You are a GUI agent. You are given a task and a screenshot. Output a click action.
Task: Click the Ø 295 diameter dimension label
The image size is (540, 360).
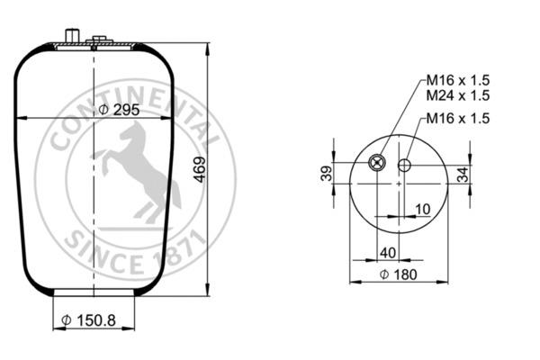pos(119,110)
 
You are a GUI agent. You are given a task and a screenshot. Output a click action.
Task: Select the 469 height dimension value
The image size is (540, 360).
pos(200,169)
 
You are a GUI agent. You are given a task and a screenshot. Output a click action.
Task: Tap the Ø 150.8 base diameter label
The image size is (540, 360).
pos(88,320)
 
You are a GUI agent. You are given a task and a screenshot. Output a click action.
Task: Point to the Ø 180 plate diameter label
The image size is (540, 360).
pos(398,274)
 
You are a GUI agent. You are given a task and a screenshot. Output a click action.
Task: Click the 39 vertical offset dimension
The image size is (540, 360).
pos(327,174)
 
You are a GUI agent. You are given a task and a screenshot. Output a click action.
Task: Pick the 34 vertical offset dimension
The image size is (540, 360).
pos(463,175)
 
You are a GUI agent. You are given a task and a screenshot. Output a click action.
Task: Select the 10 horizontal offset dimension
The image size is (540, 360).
pos(423,209)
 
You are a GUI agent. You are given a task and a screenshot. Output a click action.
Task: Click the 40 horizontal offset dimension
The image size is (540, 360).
pos(388,253)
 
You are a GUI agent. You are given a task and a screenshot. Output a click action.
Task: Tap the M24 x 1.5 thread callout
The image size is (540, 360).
pos(458,95)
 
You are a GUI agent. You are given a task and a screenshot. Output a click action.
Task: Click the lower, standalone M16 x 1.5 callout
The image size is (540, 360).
pos(458,119)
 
